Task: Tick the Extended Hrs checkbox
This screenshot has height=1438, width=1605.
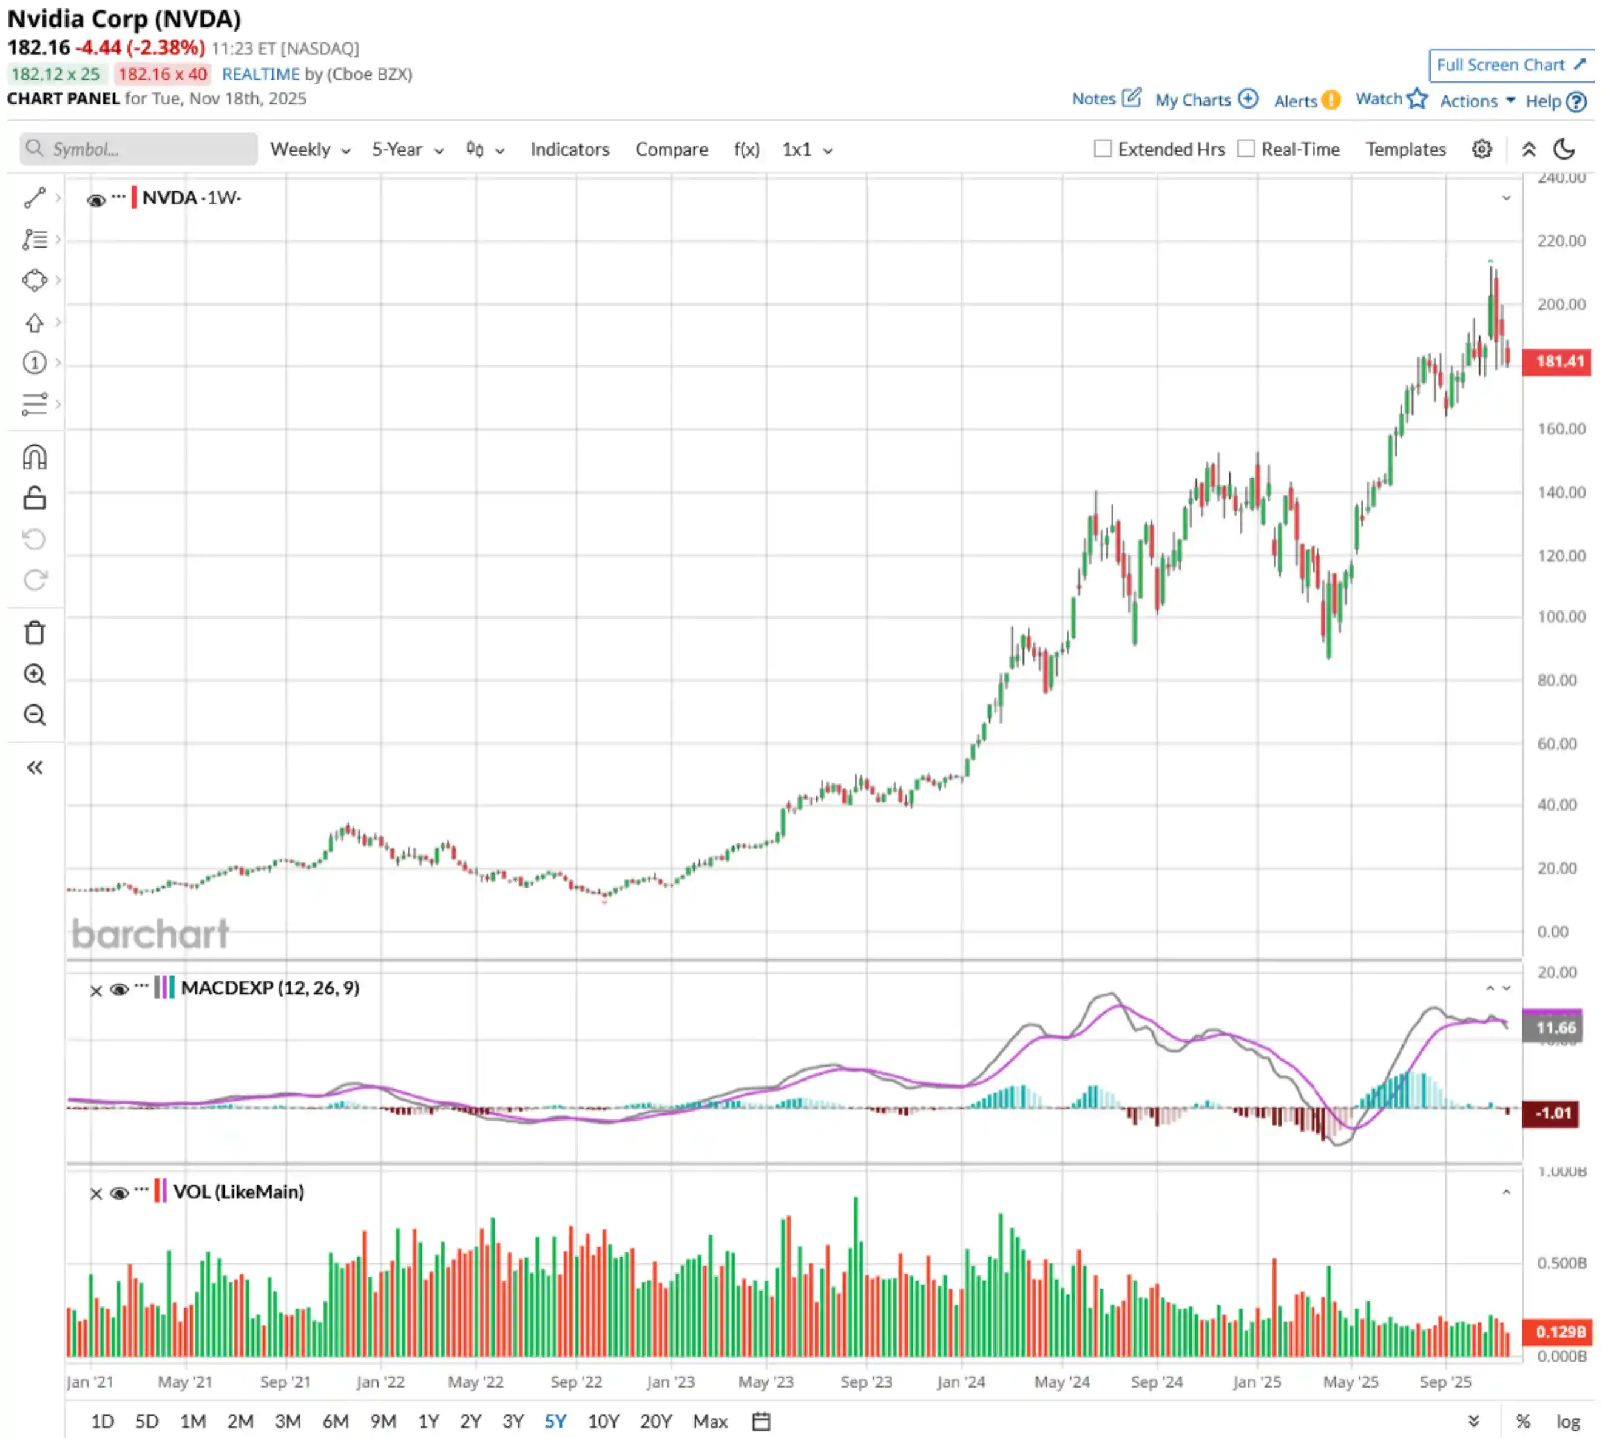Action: (1103, 149)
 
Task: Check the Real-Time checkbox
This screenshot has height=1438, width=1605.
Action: (1246, 149)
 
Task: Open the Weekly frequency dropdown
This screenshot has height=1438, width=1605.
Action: (310, 149)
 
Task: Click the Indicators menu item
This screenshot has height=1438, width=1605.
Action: (569, 149)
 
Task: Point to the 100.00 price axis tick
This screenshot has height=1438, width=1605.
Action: (1561, 617)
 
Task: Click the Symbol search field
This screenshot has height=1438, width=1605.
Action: (139, 149)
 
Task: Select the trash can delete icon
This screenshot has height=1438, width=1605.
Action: (35, 633)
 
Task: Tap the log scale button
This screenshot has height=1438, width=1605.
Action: (1568, 1422)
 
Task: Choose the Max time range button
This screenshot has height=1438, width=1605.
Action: (709, 1422)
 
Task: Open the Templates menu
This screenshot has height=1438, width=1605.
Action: (1405, 149)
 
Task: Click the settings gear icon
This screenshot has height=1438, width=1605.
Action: (1481, 149)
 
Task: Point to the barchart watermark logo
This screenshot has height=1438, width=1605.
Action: (150, 934)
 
